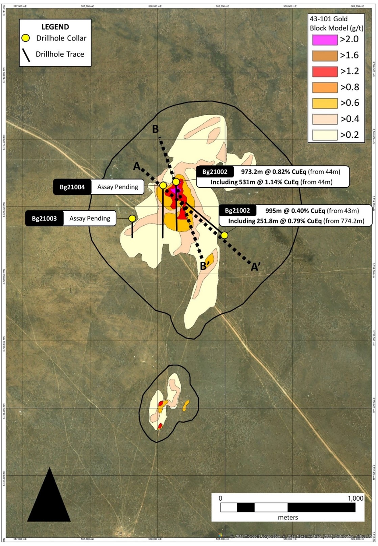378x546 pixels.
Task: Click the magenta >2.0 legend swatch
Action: click(325, 40)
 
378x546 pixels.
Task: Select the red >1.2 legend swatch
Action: click(325, 72)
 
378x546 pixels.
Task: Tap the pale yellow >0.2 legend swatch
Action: click(325, 135)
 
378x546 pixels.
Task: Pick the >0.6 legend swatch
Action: click(325, 103)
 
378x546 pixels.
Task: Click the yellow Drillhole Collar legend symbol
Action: click(26, 38)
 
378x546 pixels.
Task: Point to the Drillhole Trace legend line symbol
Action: click(26, 55)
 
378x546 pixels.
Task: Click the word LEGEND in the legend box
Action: click(55, 27)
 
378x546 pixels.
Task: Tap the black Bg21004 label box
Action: click(72, 187)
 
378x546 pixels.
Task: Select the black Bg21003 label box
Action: click(44, 218)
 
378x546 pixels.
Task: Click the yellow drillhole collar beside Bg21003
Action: click(132, 218)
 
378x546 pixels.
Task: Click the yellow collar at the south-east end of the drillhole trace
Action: click(225, 235)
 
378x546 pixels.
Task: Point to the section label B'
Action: click(203, 266)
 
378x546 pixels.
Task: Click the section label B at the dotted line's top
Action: click(155, 129)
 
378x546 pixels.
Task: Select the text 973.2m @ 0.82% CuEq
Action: click(273, 172)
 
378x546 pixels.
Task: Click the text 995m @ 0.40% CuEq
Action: click(295, 211)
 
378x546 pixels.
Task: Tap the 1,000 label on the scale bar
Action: click(355, 498)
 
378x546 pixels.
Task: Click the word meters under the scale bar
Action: click(288, 517)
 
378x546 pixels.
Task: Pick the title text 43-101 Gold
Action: click(329, 19)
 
